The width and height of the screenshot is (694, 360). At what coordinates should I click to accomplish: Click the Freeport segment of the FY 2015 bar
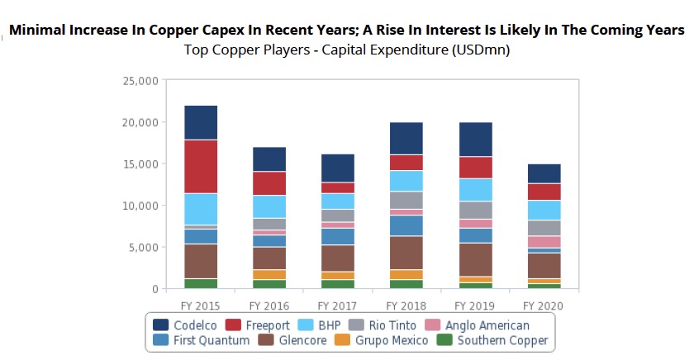pyautogui.click(x=201, y=166)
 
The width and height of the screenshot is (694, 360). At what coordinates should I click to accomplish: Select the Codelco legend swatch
pyautogui.click(x=159, y=325)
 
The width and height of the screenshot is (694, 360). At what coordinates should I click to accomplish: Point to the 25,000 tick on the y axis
pyautogui.click(x=140, y=81)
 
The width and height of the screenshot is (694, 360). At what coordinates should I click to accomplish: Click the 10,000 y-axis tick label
pyautogui.click(x=140, y=206)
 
